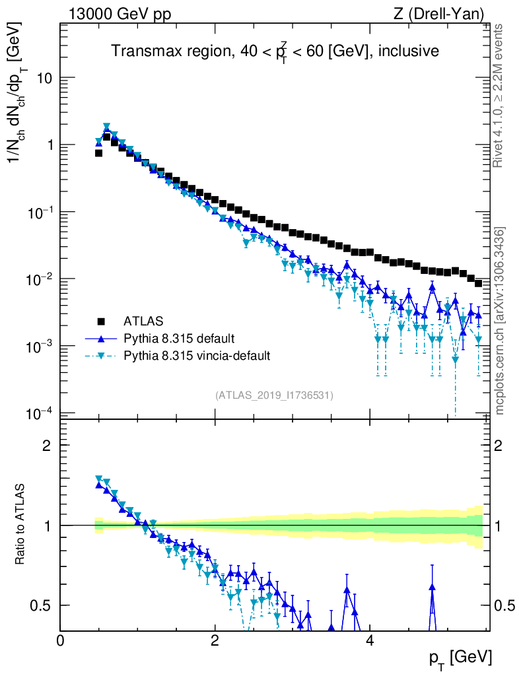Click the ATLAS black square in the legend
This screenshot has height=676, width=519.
[102, 321]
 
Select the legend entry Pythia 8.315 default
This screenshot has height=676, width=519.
[178, 339]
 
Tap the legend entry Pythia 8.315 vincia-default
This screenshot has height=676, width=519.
[197, 356]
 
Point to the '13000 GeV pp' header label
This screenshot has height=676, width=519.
[120, 14]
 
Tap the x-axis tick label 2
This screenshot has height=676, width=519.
[215, 640]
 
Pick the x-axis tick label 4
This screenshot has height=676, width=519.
[370, 640]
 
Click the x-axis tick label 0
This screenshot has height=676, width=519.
[61, 640]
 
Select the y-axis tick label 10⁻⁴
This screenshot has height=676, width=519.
[41, 413]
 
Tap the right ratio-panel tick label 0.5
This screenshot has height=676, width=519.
[505, 605]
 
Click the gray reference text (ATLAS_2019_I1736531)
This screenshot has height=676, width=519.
[274, 395]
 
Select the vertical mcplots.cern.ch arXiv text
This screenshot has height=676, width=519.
[500, 321]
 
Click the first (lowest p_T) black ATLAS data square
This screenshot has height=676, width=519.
[98, 152]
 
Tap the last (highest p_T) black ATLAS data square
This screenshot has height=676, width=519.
[478, 283]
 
